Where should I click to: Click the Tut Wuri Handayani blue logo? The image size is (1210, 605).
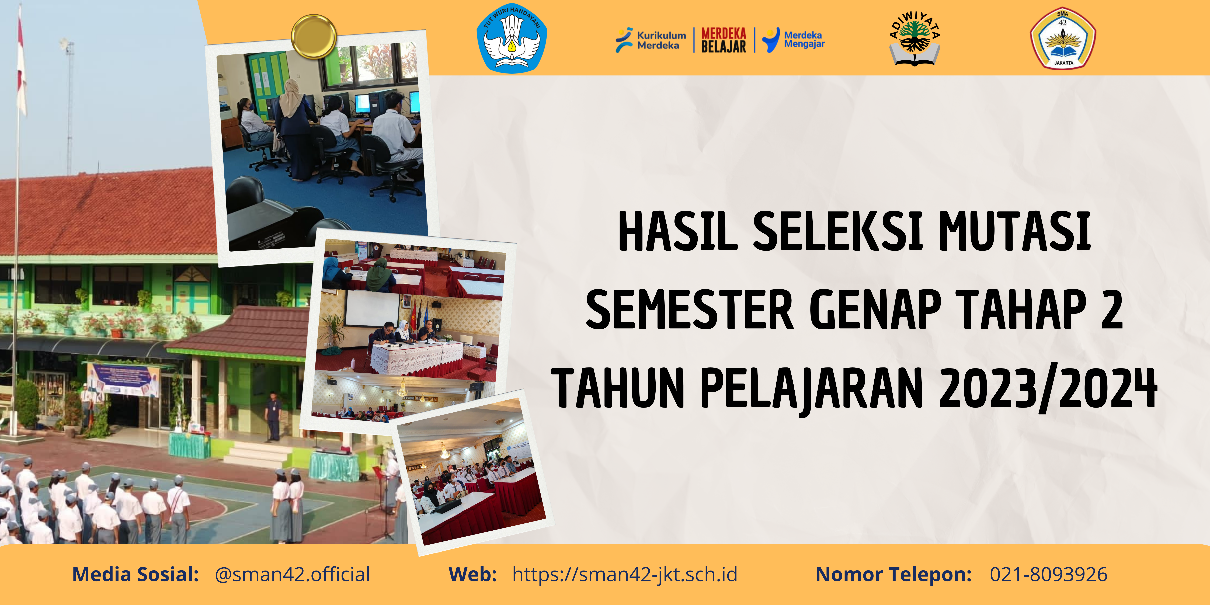pos(512,39)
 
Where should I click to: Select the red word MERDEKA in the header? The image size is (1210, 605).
pos(723,33)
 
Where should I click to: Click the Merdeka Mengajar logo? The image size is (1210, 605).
pos(794,40)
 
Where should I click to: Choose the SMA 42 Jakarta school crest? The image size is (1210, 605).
pos(1062,39)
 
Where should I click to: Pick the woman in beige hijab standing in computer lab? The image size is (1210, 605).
pos(294,127)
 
